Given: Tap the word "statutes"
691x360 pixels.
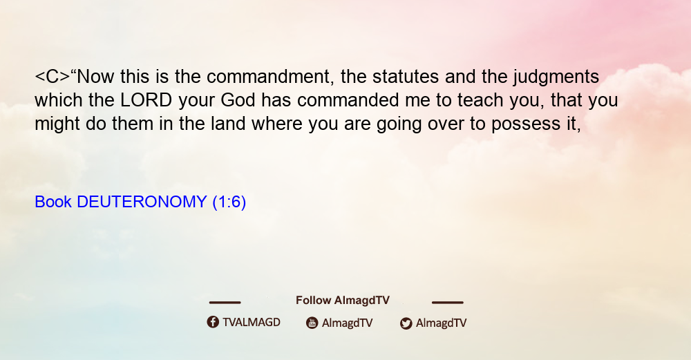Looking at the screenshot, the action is click(x=406, y=77).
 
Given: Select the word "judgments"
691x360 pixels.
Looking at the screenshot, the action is click(x=556, y=77).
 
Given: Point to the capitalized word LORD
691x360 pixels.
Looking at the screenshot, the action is click(x=146, y=100).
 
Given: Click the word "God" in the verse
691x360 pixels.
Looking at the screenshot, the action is click(x=238, y=100).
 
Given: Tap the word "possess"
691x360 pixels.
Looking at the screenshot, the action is click(x=526, y=124).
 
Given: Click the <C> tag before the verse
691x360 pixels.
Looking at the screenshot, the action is click(x=53, y=77).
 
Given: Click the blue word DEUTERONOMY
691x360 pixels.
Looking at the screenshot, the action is click(x=142, y=202).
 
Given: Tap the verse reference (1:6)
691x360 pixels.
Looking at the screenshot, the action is click(x=229, y=202).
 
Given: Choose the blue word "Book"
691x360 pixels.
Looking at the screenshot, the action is click(x=53, y=202).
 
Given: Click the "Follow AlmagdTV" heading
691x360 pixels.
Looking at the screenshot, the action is click(x=343, y=301).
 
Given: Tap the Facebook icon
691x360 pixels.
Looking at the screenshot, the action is click(x=213, y=322).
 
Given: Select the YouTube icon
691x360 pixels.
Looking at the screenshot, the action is click(x=312, y=323).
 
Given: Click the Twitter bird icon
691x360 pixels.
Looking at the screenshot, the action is click(x=406, y=323).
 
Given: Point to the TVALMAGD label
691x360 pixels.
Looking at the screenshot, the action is click(x=252, y=323).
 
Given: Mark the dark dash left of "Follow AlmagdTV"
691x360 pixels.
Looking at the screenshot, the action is click(x=225, y=303).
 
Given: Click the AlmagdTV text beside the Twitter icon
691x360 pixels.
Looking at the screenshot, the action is click(x=441, y=323).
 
